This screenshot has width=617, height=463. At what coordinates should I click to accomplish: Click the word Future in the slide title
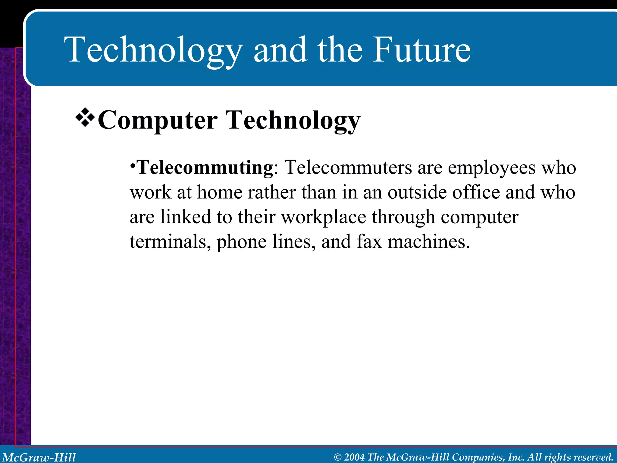point(421,50)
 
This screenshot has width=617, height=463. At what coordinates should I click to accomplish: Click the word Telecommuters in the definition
point(348,168)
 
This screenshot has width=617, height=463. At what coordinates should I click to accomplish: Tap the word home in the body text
point(220,192)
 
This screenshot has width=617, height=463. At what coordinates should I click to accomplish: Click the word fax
point(369,242)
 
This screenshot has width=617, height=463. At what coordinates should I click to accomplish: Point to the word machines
point(428,242)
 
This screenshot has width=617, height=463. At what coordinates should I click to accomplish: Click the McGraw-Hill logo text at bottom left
point(39,457)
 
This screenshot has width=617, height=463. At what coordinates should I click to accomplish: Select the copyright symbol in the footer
point(338,457)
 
